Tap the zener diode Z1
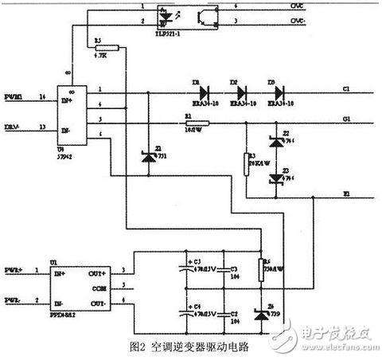(148, 157)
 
